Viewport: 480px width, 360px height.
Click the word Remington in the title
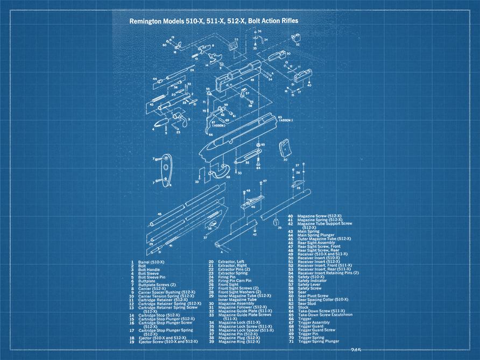pyautogui.click(x=147, y=22)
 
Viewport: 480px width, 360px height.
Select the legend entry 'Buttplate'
pyautogui.click(x=146, y=281)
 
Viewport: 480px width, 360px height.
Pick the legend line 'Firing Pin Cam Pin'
pyautogui.click(x=234, y=281)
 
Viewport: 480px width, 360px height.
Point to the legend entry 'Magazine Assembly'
pyautogui.click(x=235, y=303)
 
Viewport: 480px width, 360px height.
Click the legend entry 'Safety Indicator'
pyautogui.click(x=312, y=280)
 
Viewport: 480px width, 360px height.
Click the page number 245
pyautogui.click(x=356, y=350)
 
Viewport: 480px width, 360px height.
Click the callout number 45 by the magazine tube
pyautogui.click(x=159, y=214)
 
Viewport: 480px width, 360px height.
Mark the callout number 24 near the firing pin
pyautogui.click(x=192, y=70)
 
